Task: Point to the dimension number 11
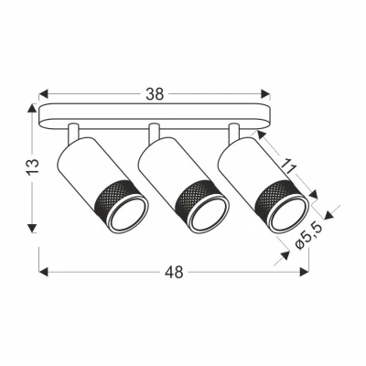point(290,166)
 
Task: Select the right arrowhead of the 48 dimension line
point(306,272)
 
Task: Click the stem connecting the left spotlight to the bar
point(76,131)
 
